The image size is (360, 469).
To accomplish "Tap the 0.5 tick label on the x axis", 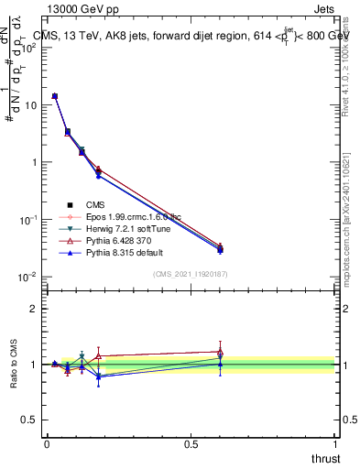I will click(x=191, y=443).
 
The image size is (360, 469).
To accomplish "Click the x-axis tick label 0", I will click(x=47, y=443).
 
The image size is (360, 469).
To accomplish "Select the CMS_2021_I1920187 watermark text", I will click(x=191, y=274).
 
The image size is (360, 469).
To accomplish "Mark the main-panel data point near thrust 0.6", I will click(x=220, y=248).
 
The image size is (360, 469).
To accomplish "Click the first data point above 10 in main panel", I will click(x=55, y=95).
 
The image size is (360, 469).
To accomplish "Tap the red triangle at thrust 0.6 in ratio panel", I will click(x=220, y=352).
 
